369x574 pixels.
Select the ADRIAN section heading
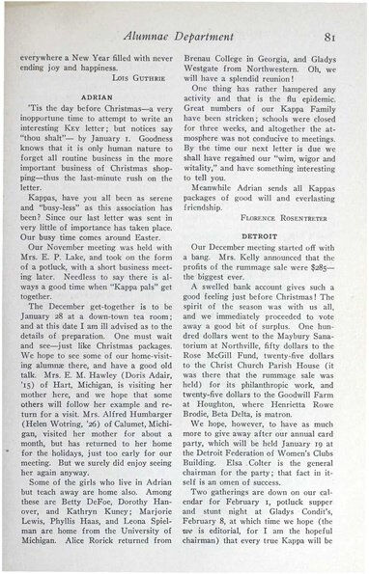point(99,98)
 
